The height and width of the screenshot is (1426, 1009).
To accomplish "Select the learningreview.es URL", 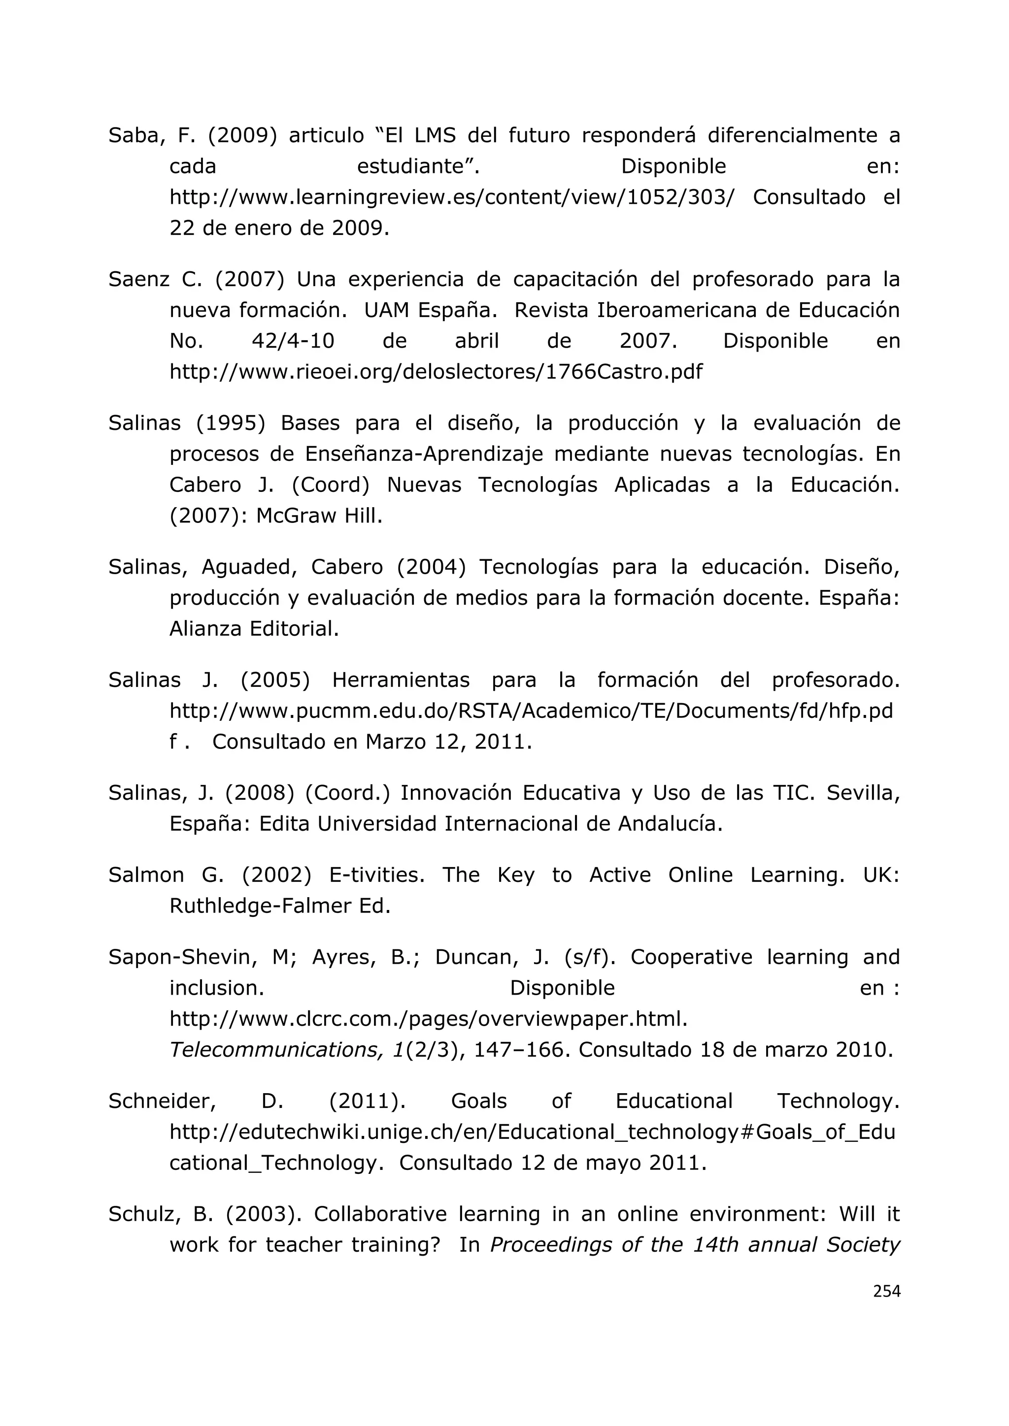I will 451,197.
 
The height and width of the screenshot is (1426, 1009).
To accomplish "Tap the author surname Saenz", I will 138,280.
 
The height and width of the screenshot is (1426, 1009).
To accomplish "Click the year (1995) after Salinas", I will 231,423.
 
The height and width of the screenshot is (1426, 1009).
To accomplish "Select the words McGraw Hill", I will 319,516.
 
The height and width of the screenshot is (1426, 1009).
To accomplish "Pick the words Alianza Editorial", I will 254,629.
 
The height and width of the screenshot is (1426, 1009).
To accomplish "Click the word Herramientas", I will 401,680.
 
